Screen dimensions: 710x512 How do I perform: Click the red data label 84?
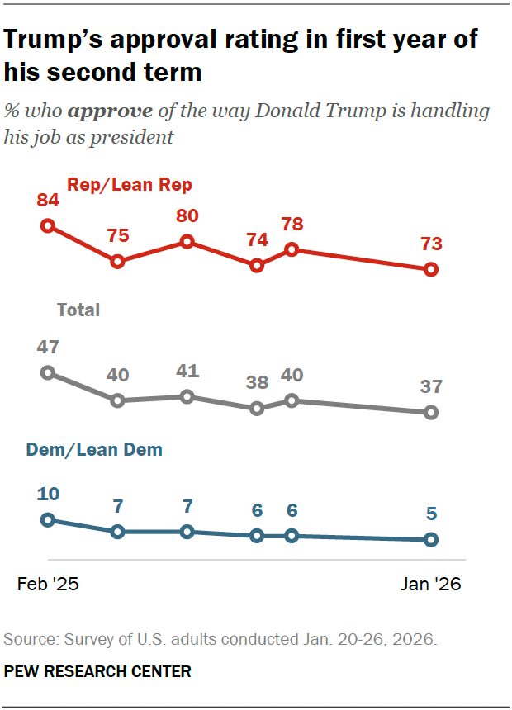(47, 201)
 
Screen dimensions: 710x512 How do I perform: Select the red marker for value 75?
(117, 261)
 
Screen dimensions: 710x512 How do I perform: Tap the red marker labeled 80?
(187, 242)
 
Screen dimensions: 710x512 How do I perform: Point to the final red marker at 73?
(430, 269)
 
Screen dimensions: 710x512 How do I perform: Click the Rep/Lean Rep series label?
(130, 185)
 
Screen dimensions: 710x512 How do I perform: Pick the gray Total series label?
(78, 310)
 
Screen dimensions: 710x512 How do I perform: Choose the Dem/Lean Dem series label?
(94, 450)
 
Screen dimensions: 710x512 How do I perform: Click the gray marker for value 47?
(48, 372)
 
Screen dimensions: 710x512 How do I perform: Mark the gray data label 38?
(257, 383)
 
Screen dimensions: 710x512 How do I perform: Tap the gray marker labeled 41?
(187, 396)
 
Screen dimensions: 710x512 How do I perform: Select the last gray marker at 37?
(430, 412)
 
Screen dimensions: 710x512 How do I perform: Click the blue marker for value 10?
(48, 519)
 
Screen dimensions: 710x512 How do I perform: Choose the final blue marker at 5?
(430, 540)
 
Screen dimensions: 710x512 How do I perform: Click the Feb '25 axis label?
(48, 585)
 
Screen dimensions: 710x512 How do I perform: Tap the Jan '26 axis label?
(430, 585)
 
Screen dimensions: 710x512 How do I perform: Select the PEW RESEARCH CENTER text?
(97, 672)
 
